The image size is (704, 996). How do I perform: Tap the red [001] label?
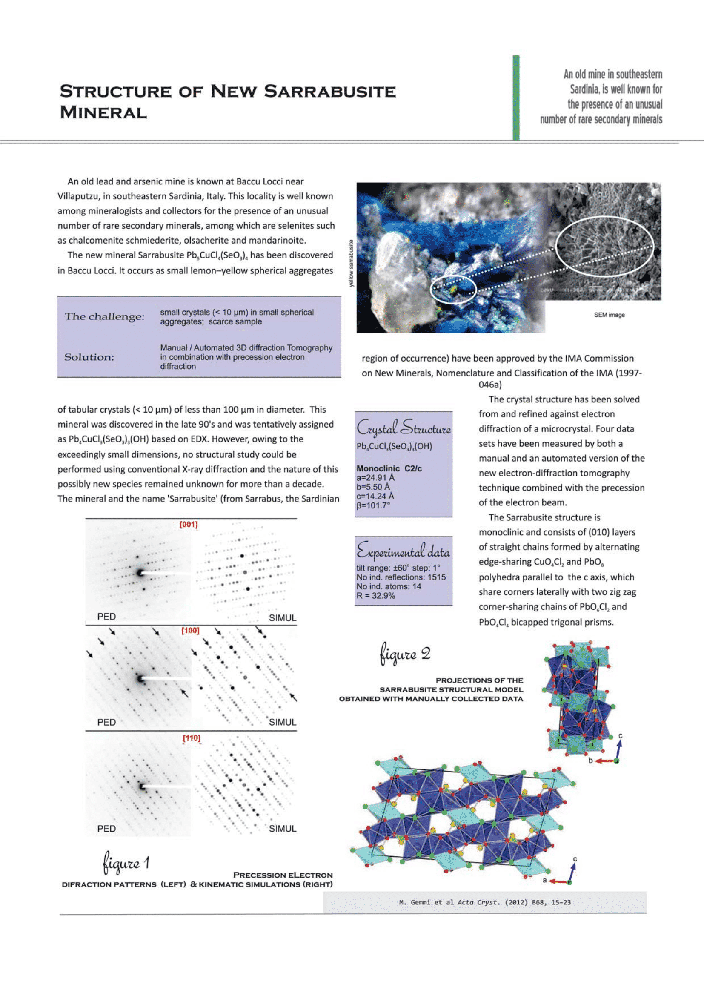click(189, 524)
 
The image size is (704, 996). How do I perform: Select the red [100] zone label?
click(190, 630)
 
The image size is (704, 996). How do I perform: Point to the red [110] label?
click(192, 738)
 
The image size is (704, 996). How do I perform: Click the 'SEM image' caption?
click(609, 315)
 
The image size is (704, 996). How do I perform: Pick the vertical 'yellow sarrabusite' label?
click(351, 263)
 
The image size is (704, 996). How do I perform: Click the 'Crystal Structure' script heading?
click(404, 428)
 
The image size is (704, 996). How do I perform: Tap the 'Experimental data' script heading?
click(403, 551)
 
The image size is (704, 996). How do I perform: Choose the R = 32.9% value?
click(376, 596)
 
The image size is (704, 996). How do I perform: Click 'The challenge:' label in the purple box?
click(104, 316)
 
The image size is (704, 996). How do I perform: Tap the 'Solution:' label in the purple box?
click(89, 357)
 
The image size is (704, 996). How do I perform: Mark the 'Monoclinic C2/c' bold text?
click(389, 468)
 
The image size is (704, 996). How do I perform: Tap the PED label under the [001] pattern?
click(107, 617)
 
